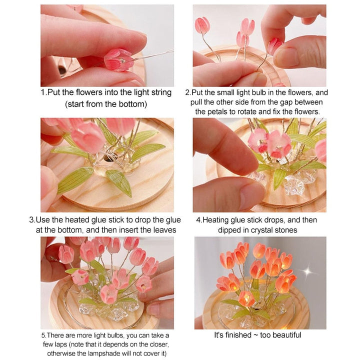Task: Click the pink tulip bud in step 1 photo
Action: pos(118,59)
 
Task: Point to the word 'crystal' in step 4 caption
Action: pos(264,230)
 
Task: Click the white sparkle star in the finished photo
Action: pos(308,272)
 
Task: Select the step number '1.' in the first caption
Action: pos(44,92)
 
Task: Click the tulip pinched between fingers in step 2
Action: pos(274,45)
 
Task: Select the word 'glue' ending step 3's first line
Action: pos(173,220)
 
